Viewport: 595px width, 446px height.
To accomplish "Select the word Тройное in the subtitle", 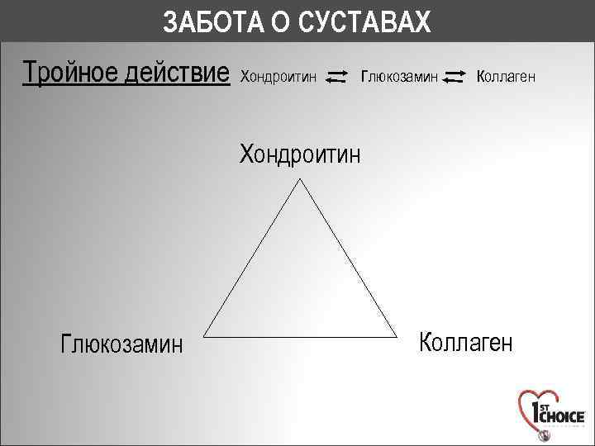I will [68, 75].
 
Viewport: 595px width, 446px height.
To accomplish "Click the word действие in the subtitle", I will [175, 75].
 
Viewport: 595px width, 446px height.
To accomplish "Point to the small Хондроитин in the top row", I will [278, 77].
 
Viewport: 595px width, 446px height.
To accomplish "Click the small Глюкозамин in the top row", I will [400, 77].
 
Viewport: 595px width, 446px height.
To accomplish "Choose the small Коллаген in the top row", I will [507, 77].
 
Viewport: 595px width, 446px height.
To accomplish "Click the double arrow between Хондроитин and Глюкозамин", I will [336, 77].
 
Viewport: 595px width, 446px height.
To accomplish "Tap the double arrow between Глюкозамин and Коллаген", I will [454, 77].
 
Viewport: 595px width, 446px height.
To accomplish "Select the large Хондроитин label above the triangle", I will [300, 154].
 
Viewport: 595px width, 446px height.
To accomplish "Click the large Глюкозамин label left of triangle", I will [121, 343].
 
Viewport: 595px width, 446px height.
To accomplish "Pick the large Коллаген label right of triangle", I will [466, 341].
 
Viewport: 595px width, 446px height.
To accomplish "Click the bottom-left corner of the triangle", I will [203, 336].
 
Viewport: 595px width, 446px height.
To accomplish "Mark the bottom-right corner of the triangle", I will [397, 336].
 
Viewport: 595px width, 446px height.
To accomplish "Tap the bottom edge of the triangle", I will [300, 336].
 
